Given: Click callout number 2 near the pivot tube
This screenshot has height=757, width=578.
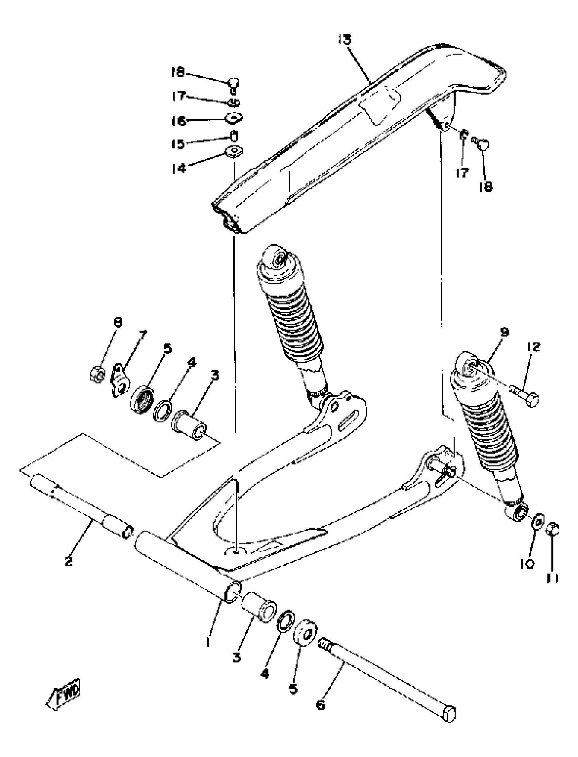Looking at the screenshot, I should coord(68,561).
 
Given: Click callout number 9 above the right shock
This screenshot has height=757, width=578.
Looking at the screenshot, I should coord(504,332).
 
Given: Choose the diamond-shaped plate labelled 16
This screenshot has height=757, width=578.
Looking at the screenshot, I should coord(234,119).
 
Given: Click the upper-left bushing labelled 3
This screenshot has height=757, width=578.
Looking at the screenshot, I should coord(189,425).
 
